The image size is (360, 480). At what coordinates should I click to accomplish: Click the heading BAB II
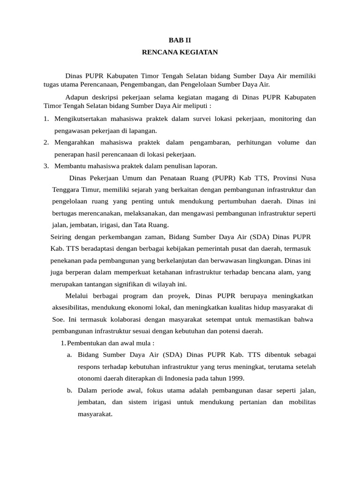point(180,41)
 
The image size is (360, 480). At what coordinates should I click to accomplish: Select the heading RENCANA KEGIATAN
point(180,52)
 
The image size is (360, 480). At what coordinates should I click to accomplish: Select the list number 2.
point(46,142)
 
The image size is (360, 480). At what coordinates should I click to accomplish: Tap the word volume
point(287,142)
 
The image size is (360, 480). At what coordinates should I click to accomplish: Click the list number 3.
point(46,165)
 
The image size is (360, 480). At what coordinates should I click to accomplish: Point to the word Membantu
point(69,165)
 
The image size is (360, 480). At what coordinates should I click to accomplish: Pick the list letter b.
point(69,390)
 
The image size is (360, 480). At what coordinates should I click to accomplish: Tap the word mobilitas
point(302,402)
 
